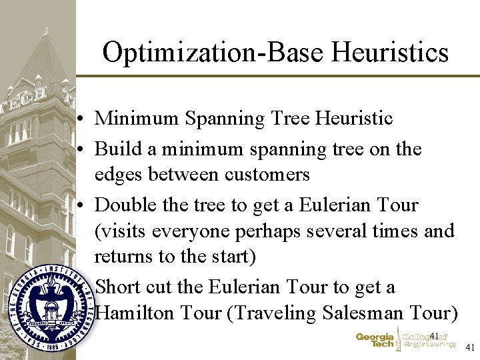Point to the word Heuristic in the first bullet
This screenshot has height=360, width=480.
[351, 119]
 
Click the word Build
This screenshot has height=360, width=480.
[115, 149]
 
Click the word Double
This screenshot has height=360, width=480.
[126, 205]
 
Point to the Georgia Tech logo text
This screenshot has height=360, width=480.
[375, 341]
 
